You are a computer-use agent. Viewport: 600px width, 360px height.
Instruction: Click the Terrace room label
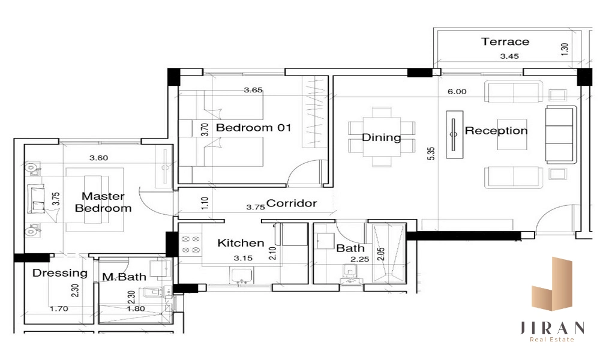(505, 41)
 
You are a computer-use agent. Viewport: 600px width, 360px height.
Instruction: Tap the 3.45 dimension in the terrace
(509, 56)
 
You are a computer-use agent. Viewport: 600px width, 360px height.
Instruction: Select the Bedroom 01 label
(254, 127)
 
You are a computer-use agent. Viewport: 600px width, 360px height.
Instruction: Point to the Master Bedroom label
(103, 202)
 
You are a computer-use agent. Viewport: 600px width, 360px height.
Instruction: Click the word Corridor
(292, 203)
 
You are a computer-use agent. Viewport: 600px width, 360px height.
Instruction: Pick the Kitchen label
(241, 243)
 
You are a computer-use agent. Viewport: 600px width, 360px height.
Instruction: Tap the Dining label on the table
(382, 137)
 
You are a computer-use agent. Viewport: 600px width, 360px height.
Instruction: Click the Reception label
(496, 131)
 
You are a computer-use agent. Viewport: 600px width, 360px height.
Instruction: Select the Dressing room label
(60, 273)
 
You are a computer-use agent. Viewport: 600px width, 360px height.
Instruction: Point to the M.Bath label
(124, 277)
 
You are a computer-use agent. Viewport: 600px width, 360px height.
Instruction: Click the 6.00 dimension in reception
(457, 92)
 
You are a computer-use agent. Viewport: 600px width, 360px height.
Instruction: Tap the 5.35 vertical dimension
(431, 154)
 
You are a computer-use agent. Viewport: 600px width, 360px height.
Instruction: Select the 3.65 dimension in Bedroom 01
(253, 90)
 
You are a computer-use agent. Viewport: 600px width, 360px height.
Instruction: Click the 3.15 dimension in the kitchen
(243, 258)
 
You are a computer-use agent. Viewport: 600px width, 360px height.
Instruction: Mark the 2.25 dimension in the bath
(360, 259)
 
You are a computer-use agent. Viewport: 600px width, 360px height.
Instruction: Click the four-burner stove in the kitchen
(191, 244)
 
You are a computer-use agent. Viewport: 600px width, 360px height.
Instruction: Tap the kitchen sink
(241, 276)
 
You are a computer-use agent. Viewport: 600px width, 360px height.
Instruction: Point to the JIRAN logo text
(552, 328)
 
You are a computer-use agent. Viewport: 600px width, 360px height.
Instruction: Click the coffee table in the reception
(512, 134)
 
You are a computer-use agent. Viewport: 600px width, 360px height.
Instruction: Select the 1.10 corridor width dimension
(205, 203)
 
